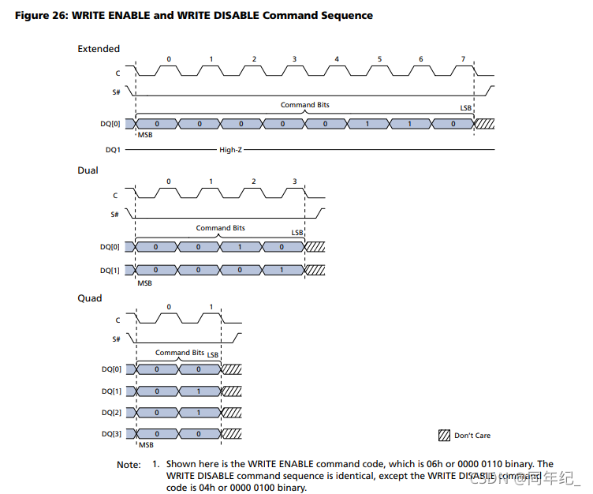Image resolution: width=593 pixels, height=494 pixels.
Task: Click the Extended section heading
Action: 99,49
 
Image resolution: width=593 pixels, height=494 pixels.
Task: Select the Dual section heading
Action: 88,170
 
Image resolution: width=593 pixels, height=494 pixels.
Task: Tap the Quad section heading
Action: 89,298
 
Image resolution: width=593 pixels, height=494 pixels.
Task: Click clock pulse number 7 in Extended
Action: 463,60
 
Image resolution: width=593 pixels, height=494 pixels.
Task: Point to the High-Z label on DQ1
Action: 231,149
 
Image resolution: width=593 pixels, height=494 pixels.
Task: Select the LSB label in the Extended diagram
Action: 466,107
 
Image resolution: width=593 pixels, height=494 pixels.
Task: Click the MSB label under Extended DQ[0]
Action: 145,135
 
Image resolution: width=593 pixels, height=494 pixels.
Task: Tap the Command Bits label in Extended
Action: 304,105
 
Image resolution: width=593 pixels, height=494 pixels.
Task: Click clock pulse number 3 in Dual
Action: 295,182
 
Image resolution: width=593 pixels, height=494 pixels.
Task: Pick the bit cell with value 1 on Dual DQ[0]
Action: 241,247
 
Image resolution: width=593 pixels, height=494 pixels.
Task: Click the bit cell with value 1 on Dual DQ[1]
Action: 282,270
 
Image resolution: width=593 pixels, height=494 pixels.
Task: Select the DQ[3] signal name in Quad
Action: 111,434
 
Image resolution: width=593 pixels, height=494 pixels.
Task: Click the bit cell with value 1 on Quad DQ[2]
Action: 198,412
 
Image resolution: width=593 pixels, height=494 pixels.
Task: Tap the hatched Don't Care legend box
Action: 444,436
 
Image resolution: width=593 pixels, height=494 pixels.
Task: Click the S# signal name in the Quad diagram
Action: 115,339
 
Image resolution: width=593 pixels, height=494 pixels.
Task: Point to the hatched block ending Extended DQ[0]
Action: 483,124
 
